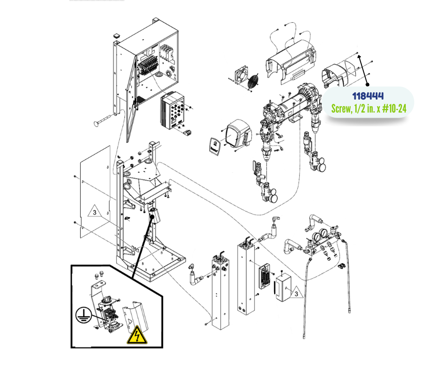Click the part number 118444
[368, 96]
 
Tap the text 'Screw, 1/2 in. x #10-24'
[369, 108]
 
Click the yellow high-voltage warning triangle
[137, 335]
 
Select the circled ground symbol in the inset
[83, 315]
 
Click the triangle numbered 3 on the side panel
[95, 211]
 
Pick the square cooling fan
[241, 73]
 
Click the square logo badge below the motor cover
[215, 146]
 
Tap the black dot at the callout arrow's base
[367, 84]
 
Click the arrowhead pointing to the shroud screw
[359, 57]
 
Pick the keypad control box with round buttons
[173, 111]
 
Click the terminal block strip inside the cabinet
[147, 67]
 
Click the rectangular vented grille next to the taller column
[265, 276]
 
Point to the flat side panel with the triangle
[95, 192]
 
